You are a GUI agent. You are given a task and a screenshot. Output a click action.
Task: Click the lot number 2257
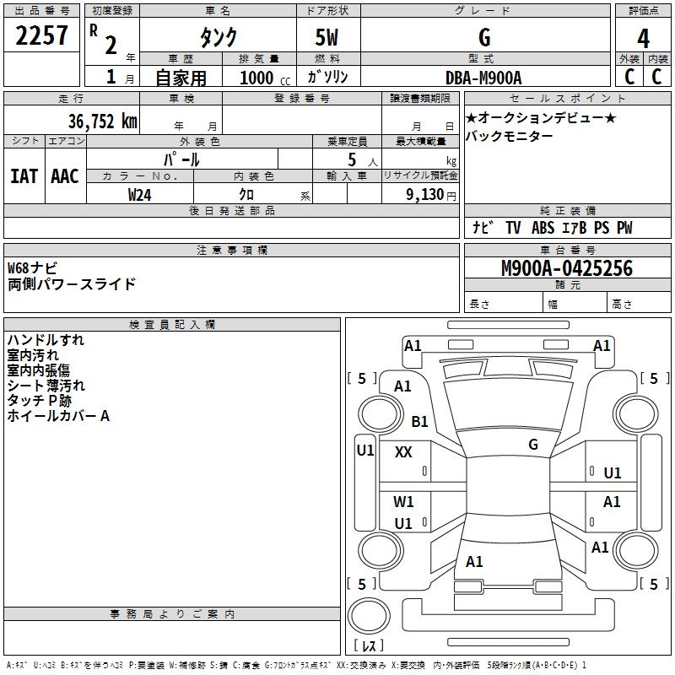[41, 36]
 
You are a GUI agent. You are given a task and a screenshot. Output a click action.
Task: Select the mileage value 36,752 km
[102, 121]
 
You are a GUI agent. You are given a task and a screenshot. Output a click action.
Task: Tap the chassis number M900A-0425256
[566, 268]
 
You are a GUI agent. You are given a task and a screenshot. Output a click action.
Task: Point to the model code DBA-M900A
[483, 77]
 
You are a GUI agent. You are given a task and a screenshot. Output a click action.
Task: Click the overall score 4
[643, 38]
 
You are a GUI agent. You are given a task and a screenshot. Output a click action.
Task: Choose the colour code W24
[140, 194]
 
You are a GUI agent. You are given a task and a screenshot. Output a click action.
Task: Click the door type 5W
[327, 38]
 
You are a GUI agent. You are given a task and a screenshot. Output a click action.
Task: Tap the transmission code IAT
[24, 175]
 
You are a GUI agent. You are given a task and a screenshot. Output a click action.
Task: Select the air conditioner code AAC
[65, 175]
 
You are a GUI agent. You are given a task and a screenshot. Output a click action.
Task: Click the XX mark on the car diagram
[403, 452]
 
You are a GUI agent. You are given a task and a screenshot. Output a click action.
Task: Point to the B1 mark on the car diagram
[420, 421]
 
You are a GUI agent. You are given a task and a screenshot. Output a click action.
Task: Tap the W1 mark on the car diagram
[404, 502]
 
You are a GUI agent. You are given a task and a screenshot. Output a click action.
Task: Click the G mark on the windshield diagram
[533, 444]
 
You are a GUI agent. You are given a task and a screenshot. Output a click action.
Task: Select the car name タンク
[218, 38]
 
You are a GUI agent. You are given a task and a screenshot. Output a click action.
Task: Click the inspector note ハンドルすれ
[46, 340]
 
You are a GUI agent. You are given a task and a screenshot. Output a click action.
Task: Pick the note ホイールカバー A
[58, 416]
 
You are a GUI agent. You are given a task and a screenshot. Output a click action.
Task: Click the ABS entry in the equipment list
[544, 228]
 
